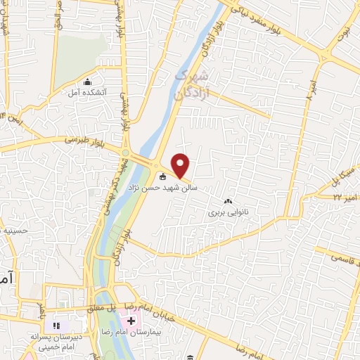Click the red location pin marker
point(181,165)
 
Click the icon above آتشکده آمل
point(87,82)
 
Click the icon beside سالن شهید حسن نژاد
point(163,177)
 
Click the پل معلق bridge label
point(98,308)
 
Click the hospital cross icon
point(131,321)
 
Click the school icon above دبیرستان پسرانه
point(58,326)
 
